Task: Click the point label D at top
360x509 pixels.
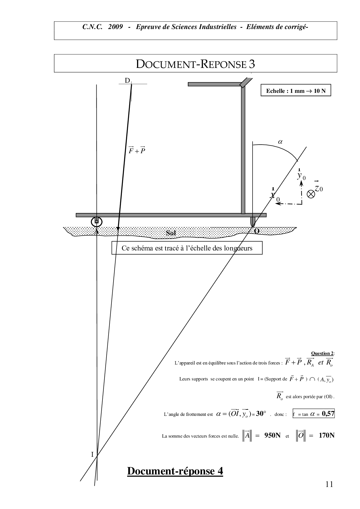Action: pyautogui.click(x=127, y=80)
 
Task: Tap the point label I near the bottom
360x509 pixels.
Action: pyautogui.click(x=92, y=454)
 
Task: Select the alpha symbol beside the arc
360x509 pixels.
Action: pyautogui.click(x=280, y=142)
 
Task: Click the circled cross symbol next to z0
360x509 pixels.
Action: pyautogui.click(x=311, y=194)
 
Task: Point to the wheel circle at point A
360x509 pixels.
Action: pyautogui.click(x=96, y=222)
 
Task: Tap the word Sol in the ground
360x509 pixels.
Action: pyautogui.click(x=171, y=233)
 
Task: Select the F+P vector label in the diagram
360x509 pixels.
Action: pyautogui.click(x=137, y=150)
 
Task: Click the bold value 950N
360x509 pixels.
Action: pyautogui.click(x=272, y=435)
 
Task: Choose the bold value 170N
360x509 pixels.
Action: pyautogui.click(x=327, y=435)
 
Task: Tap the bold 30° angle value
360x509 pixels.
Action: pyautogui.click(x=261, y=414)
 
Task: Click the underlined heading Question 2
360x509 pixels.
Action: pyautogui.click(x=322, y=353)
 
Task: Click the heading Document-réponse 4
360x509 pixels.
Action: pyautogui.click(x=175, y=471)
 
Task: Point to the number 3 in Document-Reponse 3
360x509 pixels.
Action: pyautogui.click(x=252, y=64)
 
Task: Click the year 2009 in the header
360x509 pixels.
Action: pyautogui.click(x=115, y=27)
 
